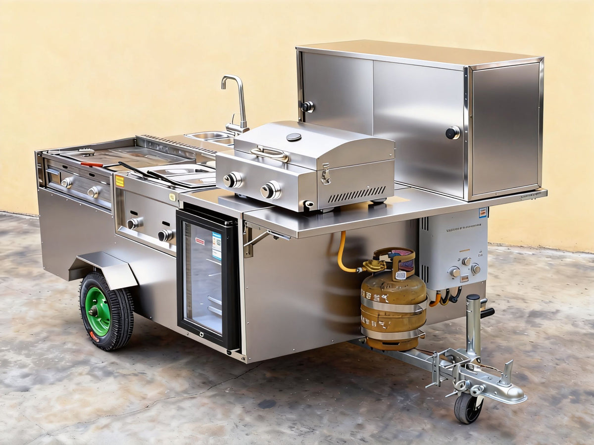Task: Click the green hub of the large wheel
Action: pos(97,311)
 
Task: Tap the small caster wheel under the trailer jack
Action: pos(468,408)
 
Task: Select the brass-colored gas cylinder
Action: pos(393,307)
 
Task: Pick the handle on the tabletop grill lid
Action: pos(270,153)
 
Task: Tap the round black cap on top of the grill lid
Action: pos(294,137)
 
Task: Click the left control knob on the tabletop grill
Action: pos(232,180)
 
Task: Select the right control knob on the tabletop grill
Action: pos(270,190)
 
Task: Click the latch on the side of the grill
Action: pos(325,174)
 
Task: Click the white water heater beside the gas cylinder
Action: pos(453,250)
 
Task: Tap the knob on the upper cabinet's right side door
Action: pos(452,133)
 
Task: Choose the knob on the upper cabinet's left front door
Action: pos(307,106)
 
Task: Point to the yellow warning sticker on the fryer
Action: pos(120,181)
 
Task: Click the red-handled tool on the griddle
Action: pos(92,164)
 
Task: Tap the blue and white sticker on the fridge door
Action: pos(217,246)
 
